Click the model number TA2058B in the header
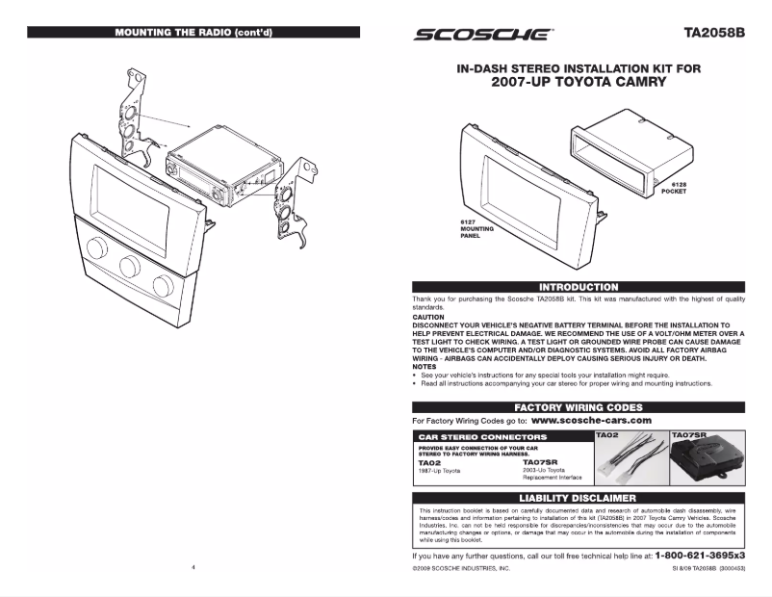click(x=715, y=32)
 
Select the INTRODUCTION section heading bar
click(x=578, y=287)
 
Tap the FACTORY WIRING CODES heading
click(x=578, y=407)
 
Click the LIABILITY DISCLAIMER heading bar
click(x=578, y=498)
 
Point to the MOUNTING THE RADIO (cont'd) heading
click(x=193, y=32)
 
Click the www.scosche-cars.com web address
click(x=591, y=421)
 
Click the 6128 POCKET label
click(x=673, y=189)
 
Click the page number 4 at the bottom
click(x=193, y=569)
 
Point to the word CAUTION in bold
click(x=428, y=317)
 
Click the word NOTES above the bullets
click(x=425, y=366)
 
